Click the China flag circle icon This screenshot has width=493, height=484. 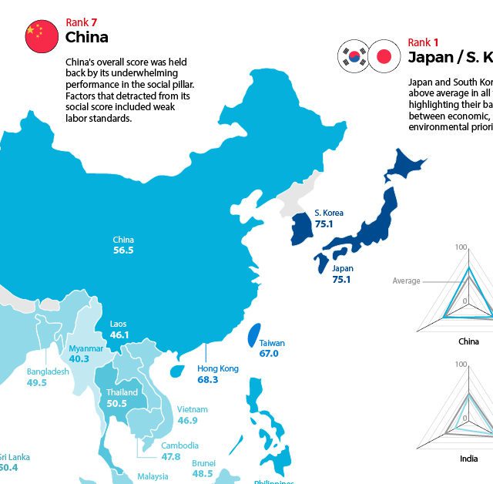(42, 35)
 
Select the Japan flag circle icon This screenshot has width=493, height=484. (383, 55)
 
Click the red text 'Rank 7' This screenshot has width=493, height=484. (82, 22)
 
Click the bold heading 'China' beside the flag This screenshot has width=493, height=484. (87, 37)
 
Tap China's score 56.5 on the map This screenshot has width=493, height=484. (123, 250)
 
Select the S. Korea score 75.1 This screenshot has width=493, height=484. (324, 224)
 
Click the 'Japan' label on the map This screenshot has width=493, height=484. (343, 268)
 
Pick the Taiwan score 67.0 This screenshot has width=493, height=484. (269, 354)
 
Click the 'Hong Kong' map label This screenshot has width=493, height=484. (218, 368)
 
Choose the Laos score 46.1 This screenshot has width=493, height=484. (119, 335)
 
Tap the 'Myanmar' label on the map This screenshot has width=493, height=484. (86, 348)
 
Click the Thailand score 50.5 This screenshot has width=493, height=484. (116, 403)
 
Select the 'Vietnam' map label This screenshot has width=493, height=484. (192, 409)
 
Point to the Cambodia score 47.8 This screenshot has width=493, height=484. (171, 456)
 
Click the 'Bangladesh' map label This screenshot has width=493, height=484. (48, 371)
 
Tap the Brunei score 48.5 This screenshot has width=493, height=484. (203, 474)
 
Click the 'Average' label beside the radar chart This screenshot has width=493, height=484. (406, 281)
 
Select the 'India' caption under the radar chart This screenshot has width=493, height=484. (468, 459)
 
